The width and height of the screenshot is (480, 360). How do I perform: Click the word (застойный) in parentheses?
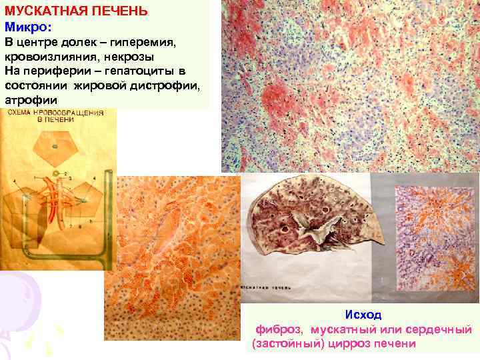point(287,344)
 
